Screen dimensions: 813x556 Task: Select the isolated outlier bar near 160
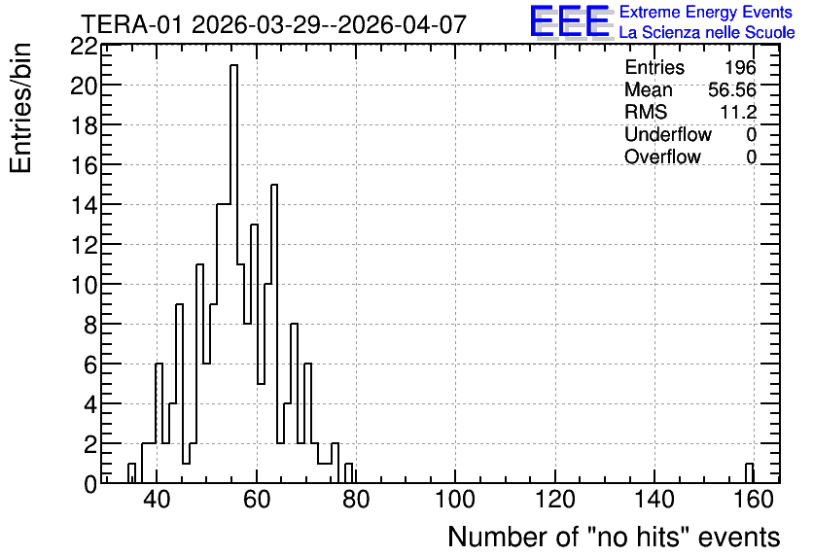point(749,473)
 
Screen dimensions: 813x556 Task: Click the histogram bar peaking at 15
point(274,333)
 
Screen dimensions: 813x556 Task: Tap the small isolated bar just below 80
point(348,473)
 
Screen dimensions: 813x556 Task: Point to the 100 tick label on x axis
point(455,500)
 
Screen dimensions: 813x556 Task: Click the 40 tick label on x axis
point(157,500)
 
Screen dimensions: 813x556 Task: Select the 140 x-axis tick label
point(654,500)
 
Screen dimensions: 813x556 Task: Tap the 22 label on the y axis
point(84,47)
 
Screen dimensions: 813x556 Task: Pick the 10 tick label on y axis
point(84,285)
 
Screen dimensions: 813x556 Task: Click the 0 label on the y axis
point(90,484)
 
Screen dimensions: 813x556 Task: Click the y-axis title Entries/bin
point(21,108)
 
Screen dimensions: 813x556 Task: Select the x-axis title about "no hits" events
point(614,537)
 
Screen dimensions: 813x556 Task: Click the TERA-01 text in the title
point(132,24)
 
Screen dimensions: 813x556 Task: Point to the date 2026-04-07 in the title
point(403,24)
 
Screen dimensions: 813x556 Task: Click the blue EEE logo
point(570,21)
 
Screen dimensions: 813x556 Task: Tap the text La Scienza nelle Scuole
point(707,33)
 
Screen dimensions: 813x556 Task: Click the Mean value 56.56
point(732,89)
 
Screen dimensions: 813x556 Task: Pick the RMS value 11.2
point(738,112)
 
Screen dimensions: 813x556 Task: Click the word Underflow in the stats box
point(668,134)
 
